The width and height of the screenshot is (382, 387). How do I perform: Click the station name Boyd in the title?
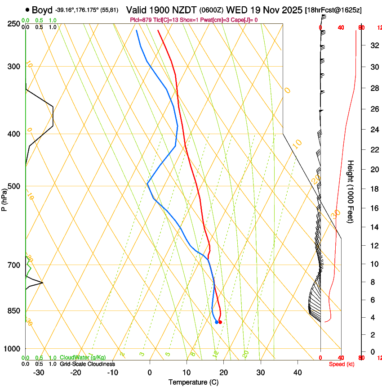(x=42, y=9)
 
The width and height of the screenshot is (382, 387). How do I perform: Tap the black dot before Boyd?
(x=28, y=9)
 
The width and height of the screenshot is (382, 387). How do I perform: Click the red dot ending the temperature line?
(x=220, y=322)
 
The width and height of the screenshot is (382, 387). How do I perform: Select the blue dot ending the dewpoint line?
(x=217, y=322)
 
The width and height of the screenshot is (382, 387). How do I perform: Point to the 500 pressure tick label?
(x=13, y=186)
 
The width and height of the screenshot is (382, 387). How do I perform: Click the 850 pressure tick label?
(x=13, y=311)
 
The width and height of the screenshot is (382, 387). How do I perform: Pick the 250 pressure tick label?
(x=13, y=24)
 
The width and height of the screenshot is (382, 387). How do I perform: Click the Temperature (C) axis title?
(x=193, y=382)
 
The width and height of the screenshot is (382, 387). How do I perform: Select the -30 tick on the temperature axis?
(x=39, y=373)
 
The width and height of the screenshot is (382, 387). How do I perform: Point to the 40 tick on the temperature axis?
(x=298, y=373)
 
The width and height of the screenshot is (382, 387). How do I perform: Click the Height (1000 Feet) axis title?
(x=351, y=191)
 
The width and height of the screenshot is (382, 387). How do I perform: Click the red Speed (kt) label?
(x=340, y=364)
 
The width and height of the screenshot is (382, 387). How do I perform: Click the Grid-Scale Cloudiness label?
(x=87, y=364)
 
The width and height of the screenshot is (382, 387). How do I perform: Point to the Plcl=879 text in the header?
(x=142, y=20)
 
